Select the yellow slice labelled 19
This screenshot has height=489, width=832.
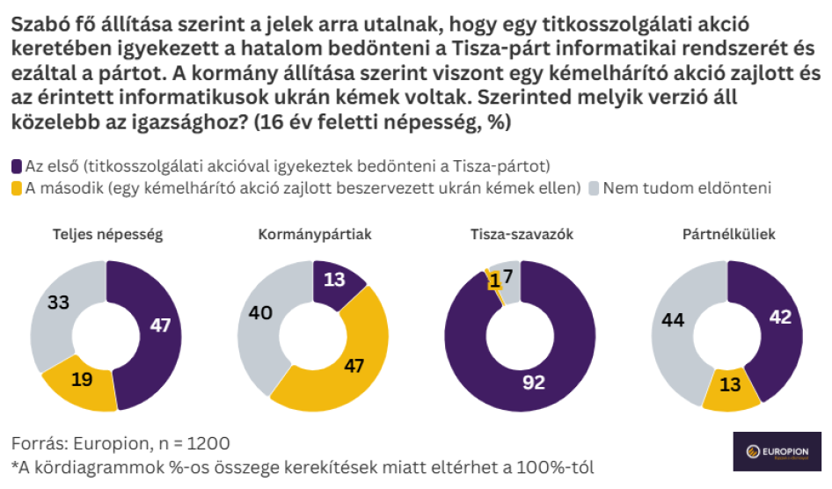tap(80, 379)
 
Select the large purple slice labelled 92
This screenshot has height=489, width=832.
tap(533, 382)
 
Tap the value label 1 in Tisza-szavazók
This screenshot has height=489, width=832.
tap(496, 281)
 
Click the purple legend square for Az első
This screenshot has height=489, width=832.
tap(18, 165)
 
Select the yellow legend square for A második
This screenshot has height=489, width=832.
tap(18, 187)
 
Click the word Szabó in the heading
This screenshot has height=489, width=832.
tap(36, 19)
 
